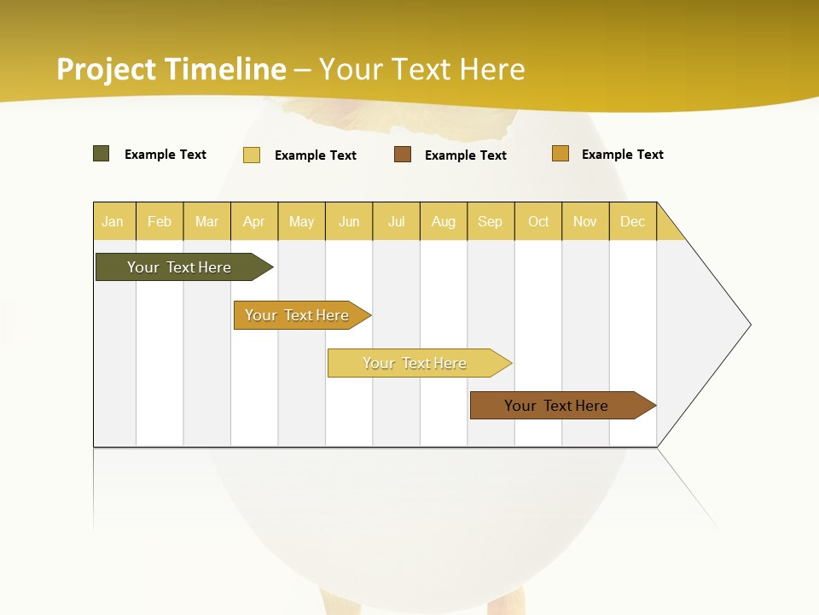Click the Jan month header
pyautogui.click(x=113, y=221)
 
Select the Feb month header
pyautogui.click(x=160, y=221)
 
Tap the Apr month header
pyautogui.click(x=253, y=221)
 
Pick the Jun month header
pyautogui.click(x=349, y=221)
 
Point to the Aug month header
pyautogui.click(x=443, y=221)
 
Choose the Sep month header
pyautogui.click(x=490, y=221)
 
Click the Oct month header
pyautogui.click(x=538, y=221)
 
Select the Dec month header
pyautogui.click(x=632, y=221)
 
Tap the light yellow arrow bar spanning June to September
pyautogui.click(x=416, y=363)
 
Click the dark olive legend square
pyautogui.click(x=102, y=154)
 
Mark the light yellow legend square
pyautogui.click(x=252, y=155)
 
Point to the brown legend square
pyautogui.click(x=403, y=155)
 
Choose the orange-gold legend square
pyautogui.click(x=561, y=154)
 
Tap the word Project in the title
pyautogui.click(x=107, y=69)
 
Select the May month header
pyautogui.click(x=301, y=221)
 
